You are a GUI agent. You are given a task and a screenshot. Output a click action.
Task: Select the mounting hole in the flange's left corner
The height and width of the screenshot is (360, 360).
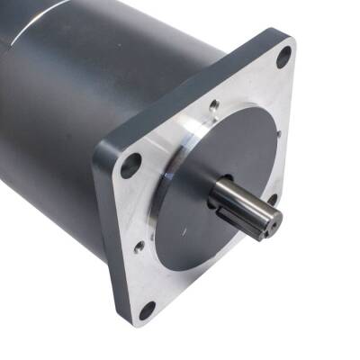point(131,165)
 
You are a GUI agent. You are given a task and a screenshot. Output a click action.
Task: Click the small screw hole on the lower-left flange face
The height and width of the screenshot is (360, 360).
point(139,246)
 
